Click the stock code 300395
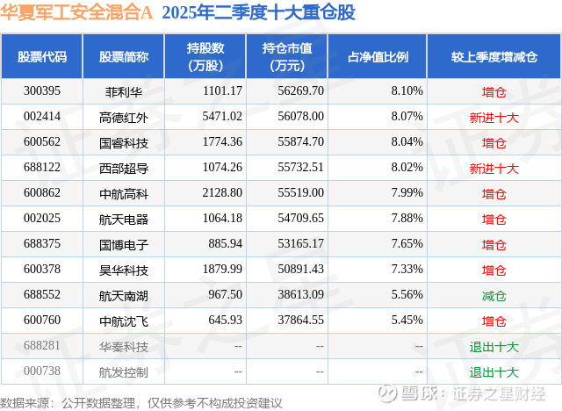pos(42,90)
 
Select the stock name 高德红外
pos(124,116)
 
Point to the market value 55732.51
pos(299,168)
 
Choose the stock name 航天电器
pos(124,220)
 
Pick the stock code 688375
pos(42,245)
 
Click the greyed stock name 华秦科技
pos(124,348)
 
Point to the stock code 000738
pos(42,372)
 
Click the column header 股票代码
pos(42,57)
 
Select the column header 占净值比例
pos(384,57)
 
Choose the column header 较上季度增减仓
pos(494,57)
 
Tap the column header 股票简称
pos(124,57)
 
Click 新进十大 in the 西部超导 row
pos(494,168)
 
